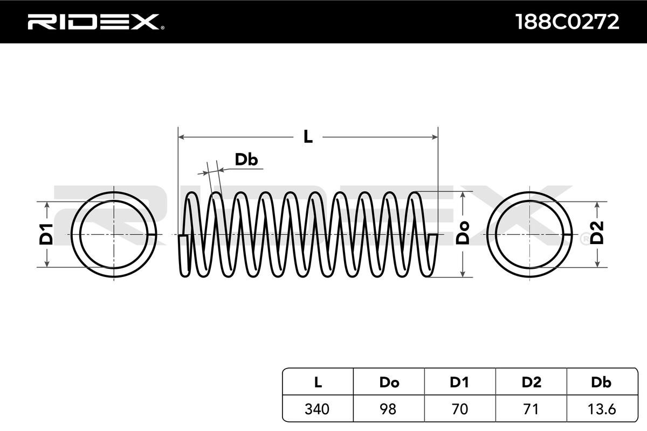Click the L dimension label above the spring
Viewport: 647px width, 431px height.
(x=308, y=137)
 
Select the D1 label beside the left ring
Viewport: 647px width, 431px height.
(x=46, y=234)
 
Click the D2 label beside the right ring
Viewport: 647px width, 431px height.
(x=597, y=234)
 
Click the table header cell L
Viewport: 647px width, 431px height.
(x=318, y=383)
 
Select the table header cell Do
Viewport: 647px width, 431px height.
(x=389, y=383)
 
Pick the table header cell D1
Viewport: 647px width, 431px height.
(x=459, y=383)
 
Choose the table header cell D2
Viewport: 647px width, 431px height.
(x=531, y=383)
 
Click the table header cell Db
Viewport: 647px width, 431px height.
(x=601, y=383)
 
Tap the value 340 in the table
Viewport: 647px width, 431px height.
(x=318, y=409)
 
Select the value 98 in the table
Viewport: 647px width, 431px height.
(x=389, y=409)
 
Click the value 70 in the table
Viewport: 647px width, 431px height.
(x=459, y=409)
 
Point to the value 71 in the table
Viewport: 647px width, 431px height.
(x=531, y=409)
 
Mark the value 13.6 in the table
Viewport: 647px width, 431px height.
(x=601, y=409)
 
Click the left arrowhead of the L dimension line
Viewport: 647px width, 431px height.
(x=181, y=137)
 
